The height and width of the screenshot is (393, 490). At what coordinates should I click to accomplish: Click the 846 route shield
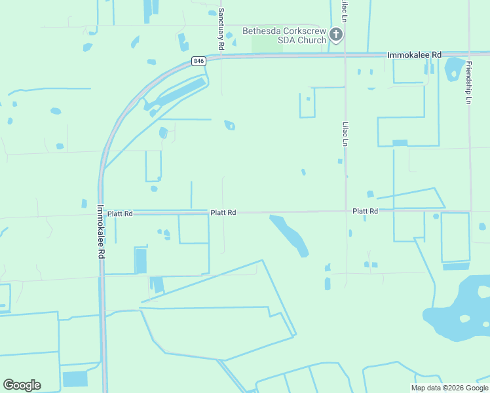tap(199, 61)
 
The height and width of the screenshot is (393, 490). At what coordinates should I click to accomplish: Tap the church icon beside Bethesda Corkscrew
tap(336, 35)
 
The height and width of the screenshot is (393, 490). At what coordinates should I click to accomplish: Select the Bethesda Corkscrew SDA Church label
tap(284, 35)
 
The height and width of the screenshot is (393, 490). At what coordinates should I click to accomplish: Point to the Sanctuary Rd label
tap(221, 29)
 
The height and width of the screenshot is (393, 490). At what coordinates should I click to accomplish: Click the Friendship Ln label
tap(468, 83)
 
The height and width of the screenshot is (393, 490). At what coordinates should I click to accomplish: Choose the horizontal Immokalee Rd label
tap(414, 55)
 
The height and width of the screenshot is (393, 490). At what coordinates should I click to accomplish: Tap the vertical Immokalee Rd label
tap(101, 233)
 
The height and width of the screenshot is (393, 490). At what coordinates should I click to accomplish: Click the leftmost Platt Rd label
tap(120, 214)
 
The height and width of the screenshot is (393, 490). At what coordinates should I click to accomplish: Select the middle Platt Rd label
tap(223, 213)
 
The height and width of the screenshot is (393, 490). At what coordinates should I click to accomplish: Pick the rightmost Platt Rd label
tap(365, 211)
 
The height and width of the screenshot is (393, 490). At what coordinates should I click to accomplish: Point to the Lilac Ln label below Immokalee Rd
tap(345, 134)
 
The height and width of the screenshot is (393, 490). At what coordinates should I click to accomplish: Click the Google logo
tap(22, 384)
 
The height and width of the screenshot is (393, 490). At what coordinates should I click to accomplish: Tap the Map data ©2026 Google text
tap(449, 388)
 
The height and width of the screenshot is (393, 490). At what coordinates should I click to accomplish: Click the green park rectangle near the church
tap(263, 43)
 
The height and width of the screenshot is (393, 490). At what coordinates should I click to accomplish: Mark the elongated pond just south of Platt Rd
tap(290, 235)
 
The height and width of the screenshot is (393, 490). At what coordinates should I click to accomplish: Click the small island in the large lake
tap(464, 319)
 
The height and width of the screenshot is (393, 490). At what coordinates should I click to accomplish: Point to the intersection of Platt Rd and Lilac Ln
tap(346, 211)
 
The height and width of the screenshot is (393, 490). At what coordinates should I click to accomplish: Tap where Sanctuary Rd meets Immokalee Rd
tap(221, 56)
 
